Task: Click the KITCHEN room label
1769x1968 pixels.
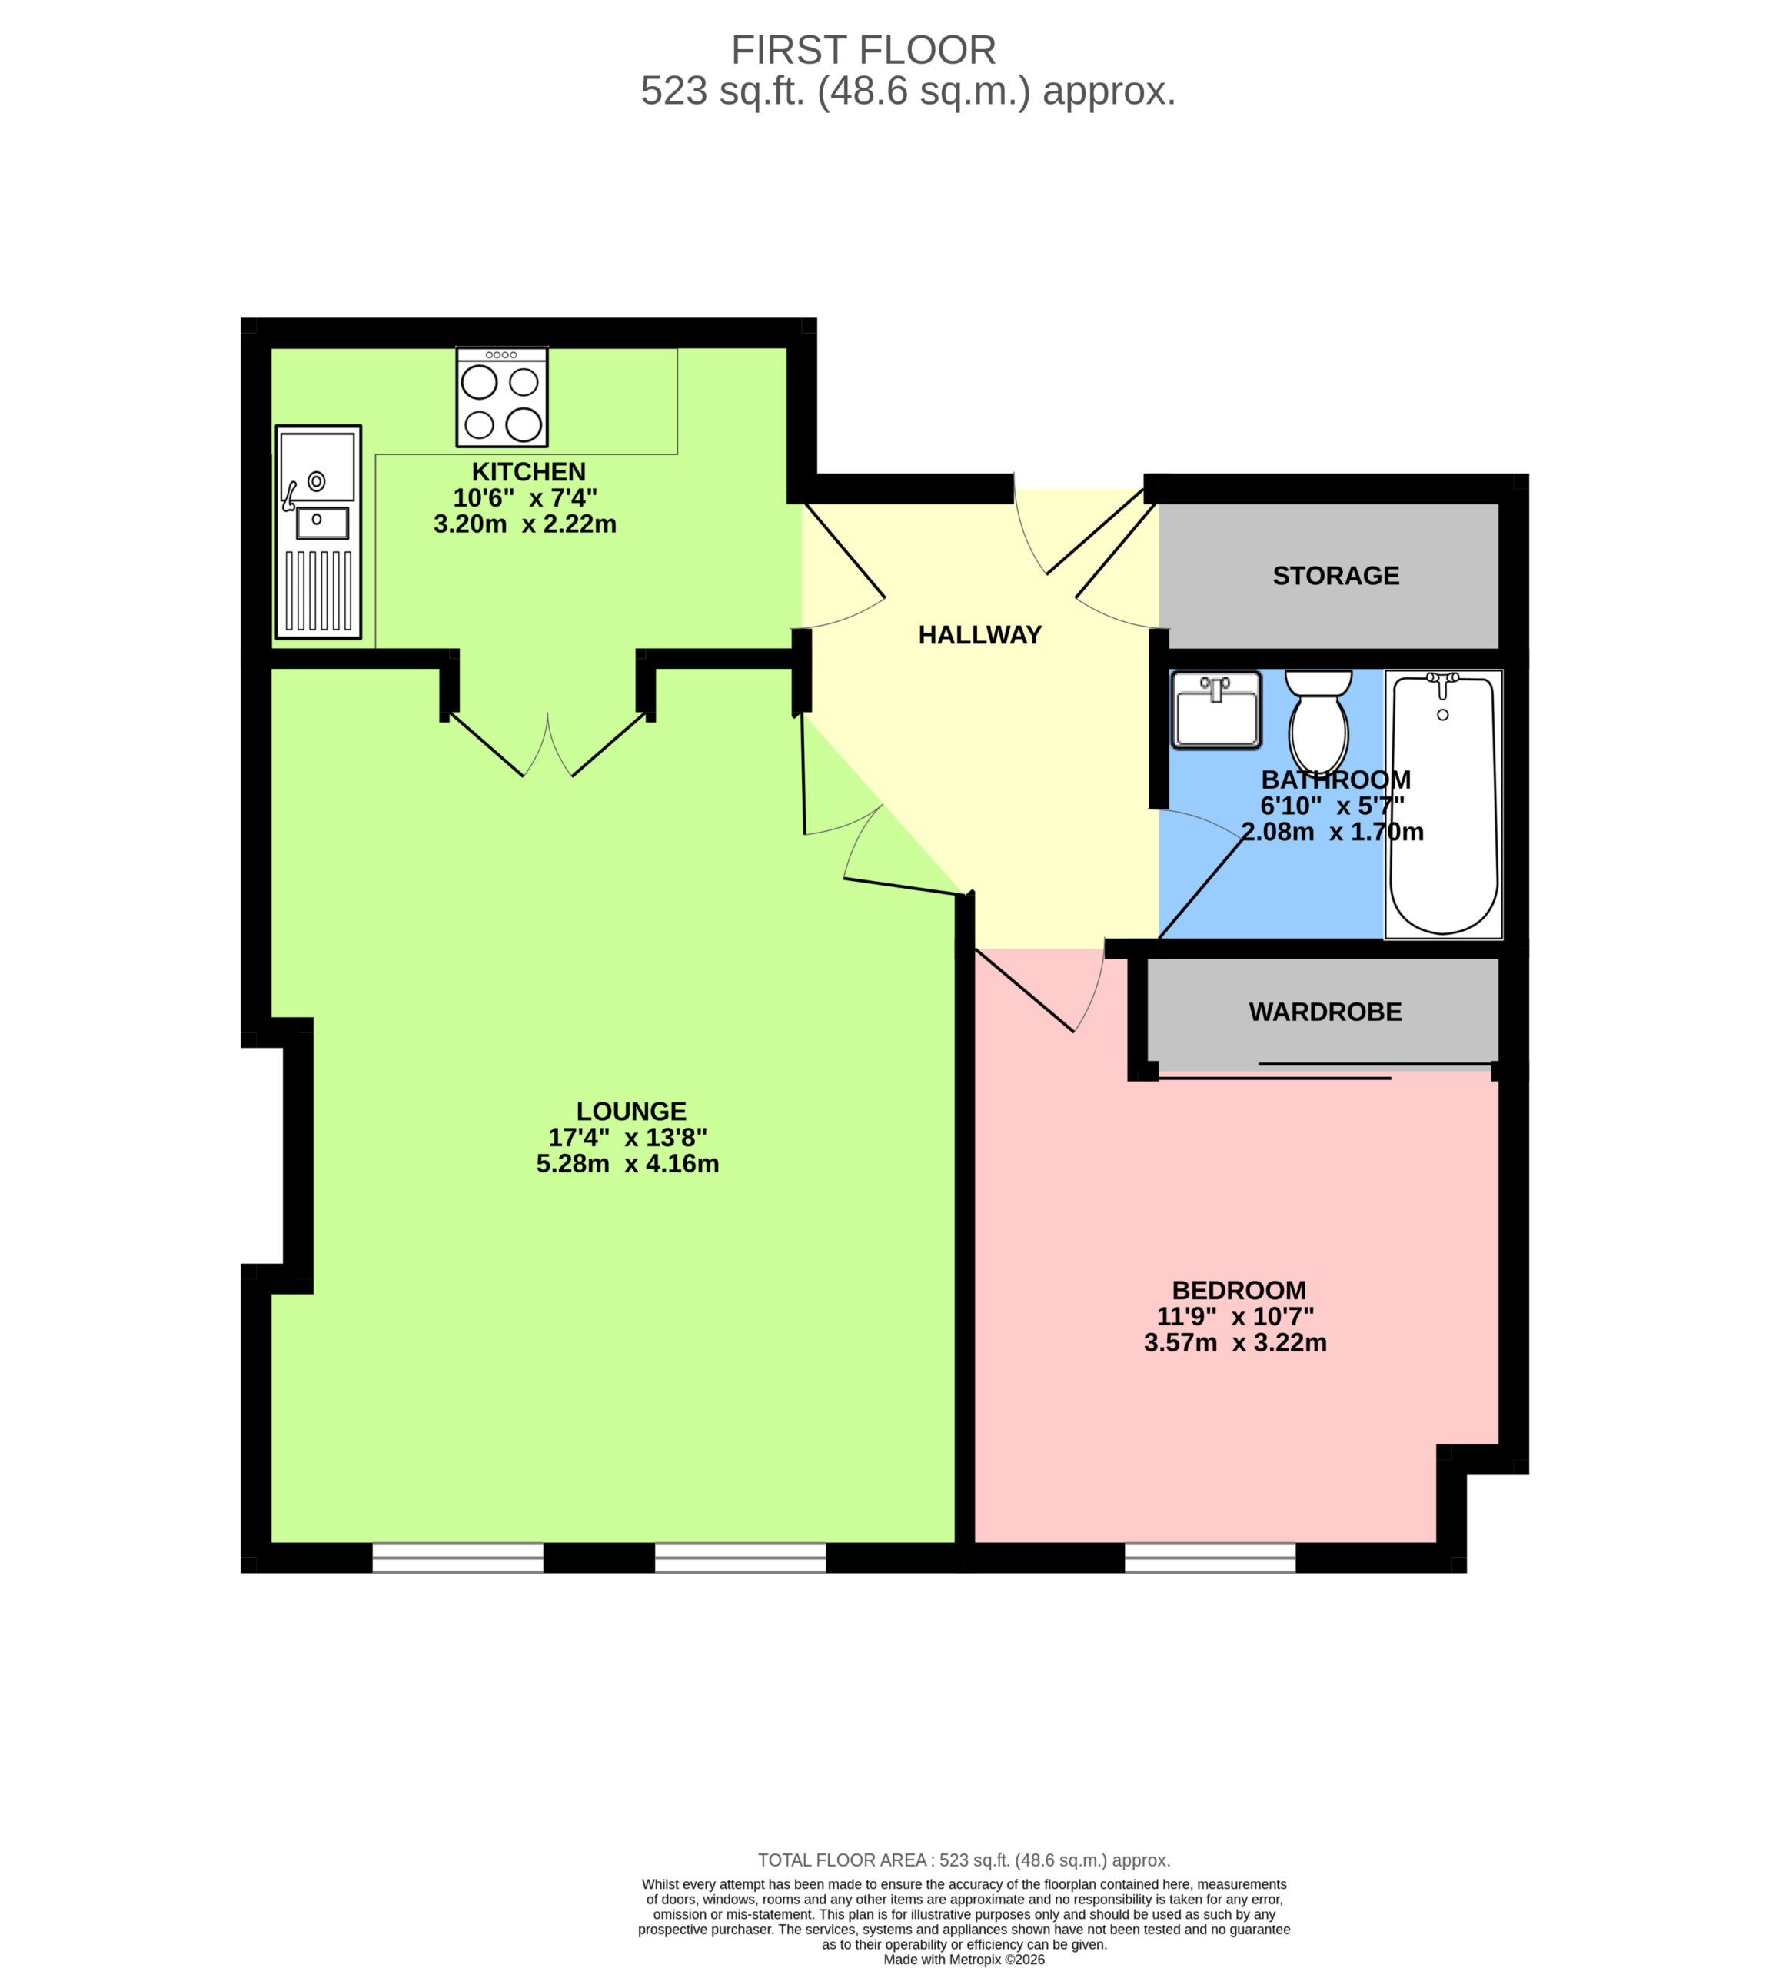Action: pyautogui.click(x=528, y=472)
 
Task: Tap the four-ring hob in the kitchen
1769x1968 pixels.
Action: pyautogui.click(x=501, y=397)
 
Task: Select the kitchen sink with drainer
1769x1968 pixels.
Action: pyautogui.click(x=318, y=532)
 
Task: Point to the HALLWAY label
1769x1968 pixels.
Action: pyautogui.click(x=979, y=635)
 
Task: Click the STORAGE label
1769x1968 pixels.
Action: pyautogui.click(x=1335, y=575)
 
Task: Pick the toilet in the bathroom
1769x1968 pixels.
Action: pyautogui.click(x=1318, y=720)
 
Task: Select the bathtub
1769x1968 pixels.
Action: pyautogui.click(x=1442, y=803)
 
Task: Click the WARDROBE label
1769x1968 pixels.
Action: pyautogui.click(x=1325, y=1012)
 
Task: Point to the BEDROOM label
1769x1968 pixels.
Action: pyautogui.click(x=1239, y=1291)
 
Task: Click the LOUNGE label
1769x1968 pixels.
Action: pyautogui.click(x=631, y=1111)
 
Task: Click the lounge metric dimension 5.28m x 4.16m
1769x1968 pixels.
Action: pyautogui.click(x=628, y=1163)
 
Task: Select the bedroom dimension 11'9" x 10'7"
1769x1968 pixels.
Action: pyautogui.click(x=1235, y=1317)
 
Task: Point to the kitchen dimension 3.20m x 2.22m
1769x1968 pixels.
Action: pyautogui.click(x=525, y=524)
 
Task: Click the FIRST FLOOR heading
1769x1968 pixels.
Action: pyautogui.click(x=863, y=49)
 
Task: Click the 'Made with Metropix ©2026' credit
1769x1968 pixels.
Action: pyautogui.click(x=964, y=1960)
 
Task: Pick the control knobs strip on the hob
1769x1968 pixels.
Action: pyautogui.click(x=501, y=354)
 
